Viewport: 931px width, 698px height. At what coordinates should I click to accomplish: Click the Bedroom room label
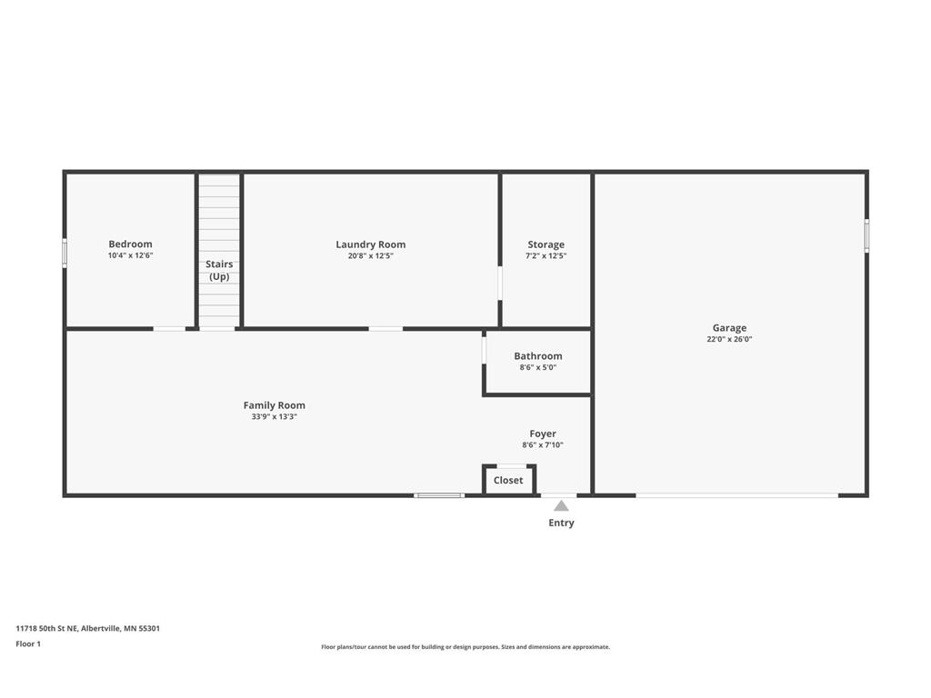click(130, 244)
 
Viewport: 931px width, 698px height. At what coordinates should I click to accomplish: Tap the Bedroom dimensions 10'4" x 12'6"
click(130, 255)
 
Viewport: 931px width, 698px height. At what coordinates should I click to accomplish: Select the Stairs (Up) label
click(219, 270)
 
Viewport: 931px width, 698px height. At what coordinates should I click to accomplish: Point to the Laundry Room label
click(371, 244)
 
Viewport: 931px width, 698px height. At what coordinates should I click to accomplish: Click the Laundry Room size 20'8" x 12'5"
click(371, 255)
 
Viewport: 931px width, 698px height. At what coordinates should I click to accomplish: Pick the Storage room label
click(546, 244)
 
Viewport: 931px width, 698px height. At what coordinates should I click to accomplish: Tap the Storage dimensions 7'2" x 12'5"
click(546, 255)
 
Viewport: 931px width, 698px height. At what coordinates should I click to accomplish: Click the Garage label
click(729, 327)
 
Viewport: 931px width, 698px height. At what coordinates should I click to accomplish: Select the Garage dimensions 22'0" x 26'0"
click(729, 339)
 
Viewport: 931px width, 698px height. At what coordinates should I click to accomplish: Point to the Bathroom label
click(538, 356)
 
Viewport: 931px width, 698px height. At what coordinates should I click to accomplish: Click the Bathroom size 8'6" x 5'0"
click(538, 367)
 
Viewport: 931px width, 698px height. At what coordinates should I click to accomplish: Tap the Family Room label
click(275, 405)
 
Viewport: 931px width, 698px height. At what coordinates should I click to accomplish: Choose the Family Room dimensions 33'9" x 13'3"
click(275, 416)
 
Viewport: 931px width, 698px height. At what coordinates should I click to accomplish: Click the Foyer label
click(543, 434)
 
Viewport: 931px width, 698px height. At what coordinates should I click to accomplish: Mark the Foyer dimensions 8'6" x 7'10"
click(543, 444)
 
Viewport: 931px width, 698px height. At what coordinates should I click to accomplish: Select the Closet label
click(508, 480)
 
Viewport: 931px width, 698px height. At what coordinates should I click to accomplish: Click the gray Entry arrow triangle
click(561, 505)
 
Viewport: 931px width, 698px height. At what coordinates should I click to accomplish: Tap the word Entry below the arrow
click(561, 523)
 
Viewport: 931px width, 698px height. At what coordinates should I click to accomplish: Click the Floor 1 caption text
click(28, 644)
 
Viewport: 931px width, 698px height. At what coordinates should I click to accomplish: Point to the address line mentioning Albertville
click(88, 629)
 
